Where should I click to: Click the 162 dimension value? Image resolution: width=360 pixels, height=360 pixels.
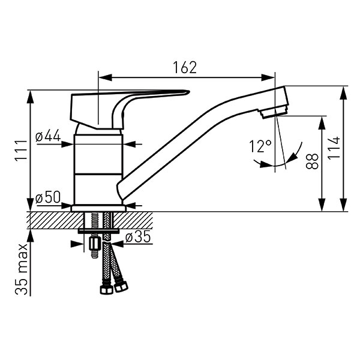coord(185,67)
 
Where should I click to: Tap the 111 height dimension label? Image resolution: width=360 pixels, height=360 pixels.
coord(21,150)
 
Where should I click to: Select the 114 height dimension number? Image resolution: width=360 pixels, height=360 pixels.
coord(334,148)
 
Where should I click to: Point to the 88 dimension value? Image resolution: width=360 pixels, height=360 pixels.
coord(312,161)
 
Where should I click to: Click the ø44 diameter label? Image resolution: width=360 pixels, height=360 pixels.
coord(48,136)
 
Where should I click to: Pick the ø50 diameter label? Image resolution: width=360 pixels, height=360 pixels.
coord(48,197)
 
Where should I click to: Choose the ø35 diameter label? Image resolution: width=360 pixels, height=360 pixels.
coord(138,236)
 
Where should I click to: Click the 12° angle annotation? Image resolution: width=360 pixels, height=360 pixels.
coord(260,146)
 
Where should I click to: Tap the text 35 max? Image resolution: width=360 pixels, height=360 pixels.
coord(22,269)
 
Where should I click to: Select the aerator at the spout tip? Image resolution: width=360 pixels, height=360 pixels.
coord(273,113)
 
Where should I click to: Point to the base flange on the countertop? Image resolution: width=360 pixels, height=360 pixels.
coord(99,208)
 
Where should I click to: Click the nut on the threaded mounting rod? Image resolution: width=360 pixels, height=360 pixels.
coord(95,244)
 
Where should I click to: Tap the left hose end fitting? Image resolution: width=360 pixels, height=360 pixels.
coord(107,290)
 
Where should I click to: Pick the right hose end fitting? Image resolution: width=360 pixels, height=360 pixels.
coord(121,287)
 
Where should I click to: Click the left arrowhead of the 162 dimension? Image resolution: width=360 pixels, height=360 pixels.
coord(105,77)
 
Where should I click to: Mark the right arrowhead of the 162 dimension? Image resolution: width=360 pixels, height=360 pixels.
coord(268,77)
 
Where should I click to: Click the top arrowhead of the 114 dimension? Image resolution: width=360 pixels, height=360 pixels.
coord(343,93)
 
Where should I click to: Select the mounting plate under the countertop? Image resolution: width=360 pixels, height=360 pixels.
coord(99,231)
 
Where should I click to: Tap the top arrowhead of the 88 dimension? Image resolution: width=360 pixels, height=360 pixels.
coord(322,123)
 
